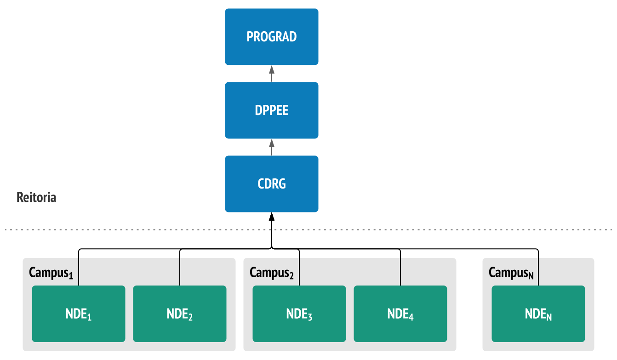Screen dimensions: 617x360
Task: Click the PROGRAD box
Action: (x=272, y=37)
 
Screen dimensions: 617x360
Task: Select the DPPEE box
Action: (x=272, y=110)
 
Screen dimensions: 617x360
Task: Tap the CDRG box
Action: (x=272, y=184)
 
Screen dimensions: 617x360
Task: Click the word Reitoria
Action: (x=36, y=197)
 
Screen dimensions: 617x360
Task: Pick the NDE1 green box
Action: (x=79, y=314)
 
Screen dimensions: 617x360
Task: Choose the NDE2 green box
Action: (x=180, y=314)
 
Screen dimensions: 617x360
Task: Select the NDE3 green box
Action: (x=299, y=314)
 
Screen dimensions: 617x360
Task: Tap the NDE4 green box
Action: (x=400, y=314)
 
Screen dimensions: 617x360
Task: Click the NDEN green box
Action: (x=538, y=314)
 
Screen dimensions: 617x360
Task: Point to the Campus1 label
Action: (x=51, y=273)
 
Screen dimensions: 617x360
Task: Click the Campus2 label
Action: (x=272, y=273)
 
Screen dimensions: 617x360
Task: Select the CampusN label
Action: (x=511, y=273)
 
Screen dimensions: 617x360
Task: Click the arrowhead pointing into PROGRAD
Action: (x=272, y=69)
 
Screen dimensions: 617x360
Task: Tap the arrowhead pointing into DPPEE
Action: (x=272, y=143)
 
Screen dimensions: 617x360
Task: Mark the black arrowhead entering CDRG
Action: (x=272, y=217)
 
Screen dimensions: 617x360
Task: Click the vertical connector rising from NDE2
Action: (x=180, y=268)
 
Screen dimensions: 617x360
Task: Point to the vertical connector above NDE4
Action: (x=400, y=268)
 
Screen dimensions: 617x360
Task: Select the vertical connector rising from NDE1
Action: (x=79, y=268)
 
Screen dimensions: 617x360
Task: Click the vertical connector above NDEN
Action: (x=538, y=268)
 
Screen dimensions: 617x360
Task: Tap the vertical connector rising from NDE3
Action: (x=299, y=268)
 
